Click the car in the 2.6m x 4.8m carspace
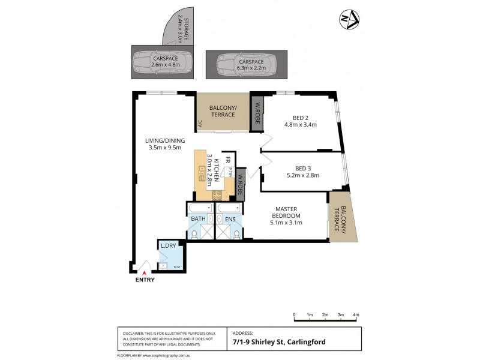tap(162, 62)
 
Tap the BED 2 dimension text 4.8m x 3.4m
tap(300, 125)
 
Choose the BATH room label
tap(198, 219)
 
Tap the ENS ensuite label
tap(230, 219)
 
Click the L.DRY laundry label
tap(167, 246)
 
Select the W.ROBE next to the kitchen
tap(240, 186)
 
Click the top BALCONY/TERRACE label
tap(223, 111)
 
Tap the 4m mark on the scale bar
tap(356, 314)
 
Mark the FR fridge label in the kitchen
tap(227, 161)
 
